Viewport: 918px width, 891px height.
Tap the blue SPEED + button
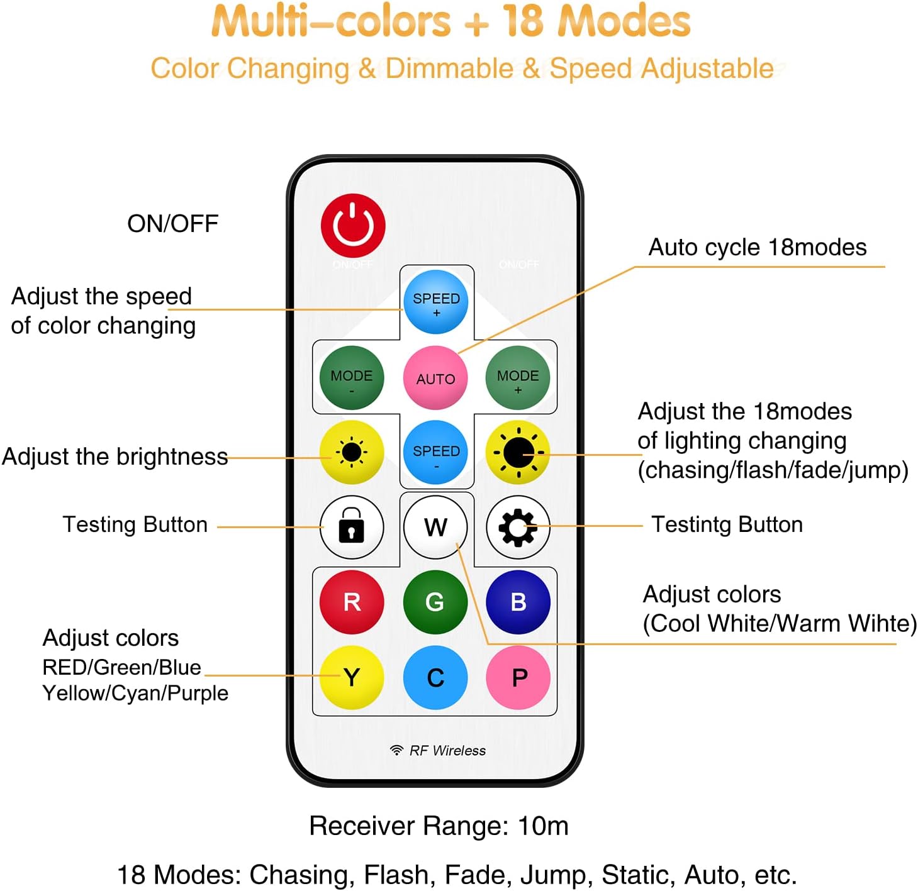[435, 302]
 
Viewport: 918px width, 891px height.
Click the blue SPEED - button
[435, 452]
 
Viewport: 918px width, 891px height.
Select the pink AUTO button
[435, 378]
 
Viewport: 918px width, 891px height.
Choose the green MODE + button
[517, 378]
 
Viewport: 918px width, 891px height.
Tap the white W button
[435, 527]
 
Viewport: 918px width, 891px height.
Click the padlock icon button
[352, 527]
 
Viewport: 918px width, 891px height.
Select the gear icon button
[517, 527]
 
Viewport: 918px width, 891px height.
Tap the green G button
[435, 602]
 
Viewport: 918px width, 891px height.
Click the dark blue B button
[517, 602]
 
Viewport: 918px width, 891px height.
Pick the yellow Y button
[352, 677]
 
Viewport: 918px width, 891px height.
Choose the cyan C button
[435, 677]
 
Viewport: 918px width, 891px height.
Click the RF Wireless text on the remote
[447, 750]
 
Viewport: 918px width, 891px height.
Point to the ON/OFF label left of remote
[172, 223]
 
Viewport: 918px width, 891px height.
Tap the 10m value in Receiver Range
[543, 826]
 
